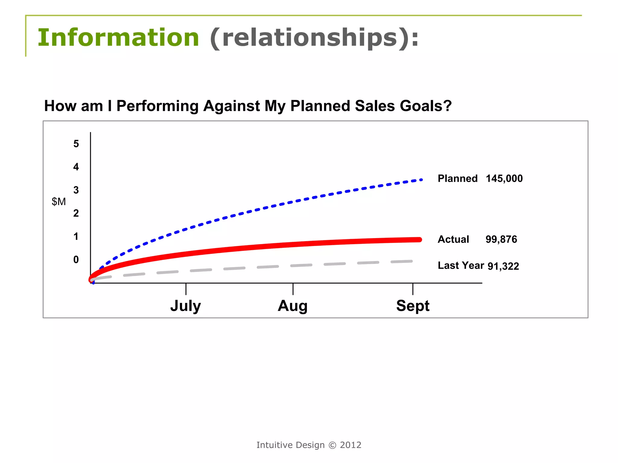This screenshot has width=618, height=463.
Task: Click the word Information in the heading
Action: click(x=118, y=38)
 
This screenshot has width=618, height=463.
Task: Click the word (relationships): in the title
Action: click(x=314, y=38)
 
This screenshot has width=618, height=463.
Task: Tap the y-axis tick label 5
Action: click(x=76, y=144)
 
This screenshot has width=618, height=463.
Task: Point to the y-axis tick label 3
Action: click(x=76, y=190)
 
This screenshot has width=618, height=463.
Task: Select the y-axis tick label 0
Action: click(x=76, y=260)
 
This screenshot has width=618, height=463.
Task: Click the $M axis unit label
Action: click(x=59, y=202)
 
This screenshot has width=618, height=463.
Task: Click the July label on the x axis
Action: click(x=185, y=306)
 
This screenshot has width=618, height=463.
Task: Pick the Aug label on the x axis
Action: click(x=292, y=306)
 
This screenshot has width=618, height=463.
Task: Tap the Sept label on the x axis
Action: click(x=413, y=306)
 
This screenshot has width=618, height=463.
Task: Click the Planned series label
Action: click(x=457, y=178)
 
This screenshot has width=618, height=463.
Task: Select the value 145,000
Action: click(x=504, y=178)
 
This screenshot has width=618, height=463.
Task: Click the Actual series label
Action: click(x=453, y=239)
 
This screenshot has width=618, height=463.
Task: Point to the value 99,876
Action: click(x=501, y=239)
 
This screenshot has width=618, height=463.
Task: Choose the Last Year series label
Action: click(x=460, y=266)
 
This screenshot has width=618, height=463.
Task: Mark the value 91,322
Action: click(x=503, y=266)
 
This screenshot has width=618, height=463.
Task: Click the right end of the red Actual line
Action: click(x=419, y=240)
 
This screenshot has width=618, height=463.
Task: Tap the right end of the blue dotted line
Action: click(x=421, y=180)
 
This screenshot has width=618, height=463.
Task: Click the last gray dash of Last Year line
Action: click(x=402, y=262)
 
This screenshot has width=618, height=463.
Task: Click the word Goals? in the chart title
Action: click(x=426, y=106)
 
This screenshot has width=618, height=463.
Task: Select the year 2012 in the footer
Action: click(x=350, y=445)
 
